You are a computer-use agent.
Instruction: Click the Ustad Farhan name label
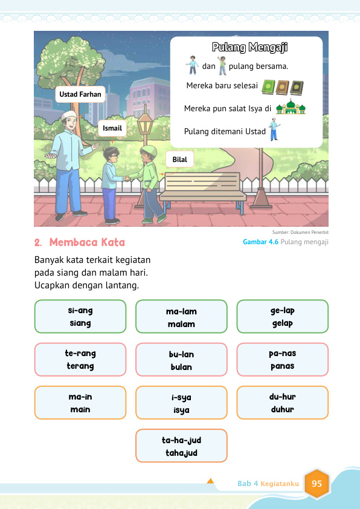80,95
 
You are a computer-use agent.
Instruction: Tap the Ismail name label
112,128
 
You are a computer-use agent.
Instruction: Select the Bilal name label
179,160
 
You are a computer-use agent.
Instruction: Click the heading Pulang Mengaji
249,47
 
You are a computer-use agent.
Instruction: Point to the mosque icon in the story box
290,108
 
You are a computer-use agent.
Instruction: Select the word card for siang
80,317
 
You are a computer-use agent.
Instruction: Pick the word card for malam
181,317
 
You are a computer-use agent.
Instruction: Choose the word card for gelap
282,317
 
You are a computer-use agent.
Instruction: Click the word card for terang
80,360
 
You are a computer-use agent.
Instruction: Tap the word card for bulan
181,360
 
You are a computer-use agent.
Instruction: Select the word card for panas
282,360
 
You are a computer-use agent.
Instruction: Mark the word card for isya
181,403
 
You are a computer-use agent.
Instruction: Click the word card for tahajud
181,446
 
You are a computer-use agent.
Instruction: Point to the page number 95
317,484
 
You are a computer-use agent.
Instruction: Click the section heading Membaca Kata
87,242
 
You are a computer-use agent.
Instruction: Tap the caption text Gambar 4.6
260,242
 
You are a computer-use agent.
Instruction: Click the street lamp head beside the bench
144,126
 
